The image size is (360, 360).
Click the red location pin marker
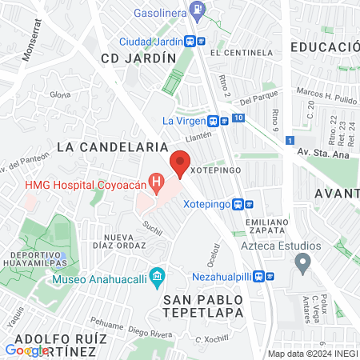[180, 166]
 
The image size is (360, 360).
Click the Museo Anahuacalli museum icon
[157, 280]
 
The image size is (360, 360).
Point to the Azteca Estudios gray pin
[302, 262]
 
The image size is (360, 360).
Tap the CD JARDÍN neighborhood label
[138, 58]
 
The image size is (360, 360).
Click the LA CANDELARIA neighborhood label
[112, 146]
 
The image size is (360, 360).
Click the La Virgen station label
[183, 121]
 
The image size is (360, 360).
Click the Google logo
[26, 350]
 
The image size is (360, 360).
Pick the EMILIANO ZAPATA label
[262, 226]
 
